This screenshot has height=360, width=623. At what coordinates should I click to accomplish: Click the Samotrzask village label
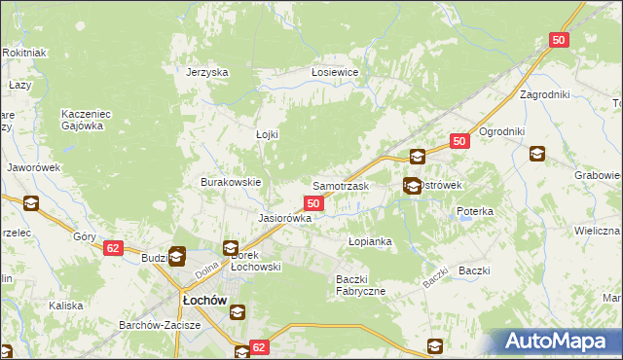click(x=340, y=185)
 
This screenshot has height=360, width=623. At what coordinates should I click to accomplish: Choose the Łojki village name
click(x=267, y=135)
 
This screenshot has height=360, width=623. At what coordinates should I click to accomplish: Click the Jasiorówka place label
click(x=284, y=219)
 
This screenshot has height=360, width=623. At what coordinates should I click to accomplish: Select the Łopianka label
click(x=370, y=240)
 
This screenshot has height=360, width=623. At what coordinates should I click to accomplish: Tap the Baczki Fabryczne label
click(x=361, y=285)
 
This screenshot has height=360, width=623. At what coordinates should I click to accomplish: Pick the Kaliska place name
click(x=66, y=306)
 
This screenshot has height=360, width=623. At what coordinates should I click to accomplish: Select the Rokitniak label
click(x=25, y=52)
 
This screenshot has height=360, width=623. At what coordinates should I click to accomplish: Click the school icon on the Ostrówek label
click(x=413, y=185)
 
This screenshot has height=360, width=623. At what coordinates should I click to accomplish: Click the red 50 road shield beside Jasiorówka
click(x=313, y=202)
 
